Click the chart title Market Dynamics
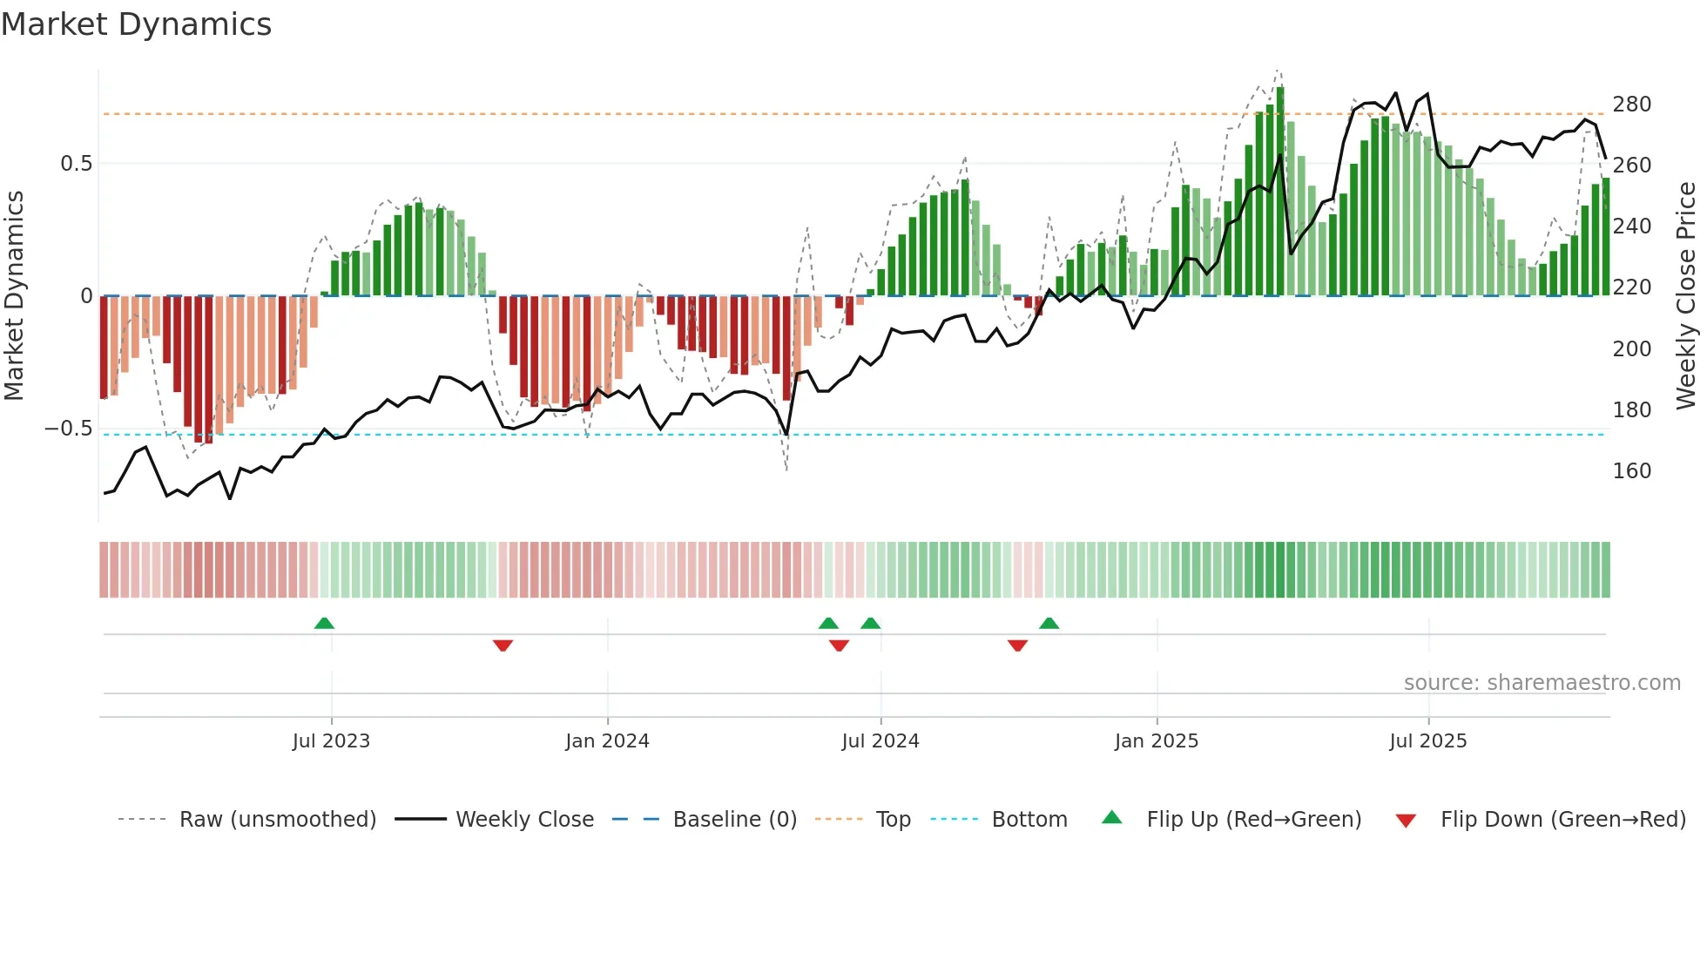click(x=136, y=24)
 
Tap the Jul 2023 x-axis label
click(x=331, y=741)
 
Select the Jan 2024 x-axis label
click(x=607, y=741)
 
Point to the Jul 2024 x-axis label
click(x=880, y=741)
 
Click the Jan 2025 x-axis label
click(x=1157, y=741)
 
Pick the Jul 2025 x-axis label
click(x=1428, y=741)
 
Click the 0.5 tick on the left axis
click(x=76, y=164)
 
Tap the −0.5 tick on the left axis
click(x=69, y=429)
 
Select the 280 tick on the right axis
click(x=1631, y=105)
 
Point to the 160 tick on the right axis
click(x=1631, y=471)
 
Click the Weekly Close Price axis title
click(x=1686, y=296)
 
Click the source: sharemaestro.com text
click(x=1542, y=683)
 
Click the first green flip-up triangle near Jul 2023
click(x=324, y=623)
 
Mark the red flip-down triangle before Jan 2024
click(x=503, y=646)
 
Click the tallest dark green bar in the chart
click(x=1280, y=192)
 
